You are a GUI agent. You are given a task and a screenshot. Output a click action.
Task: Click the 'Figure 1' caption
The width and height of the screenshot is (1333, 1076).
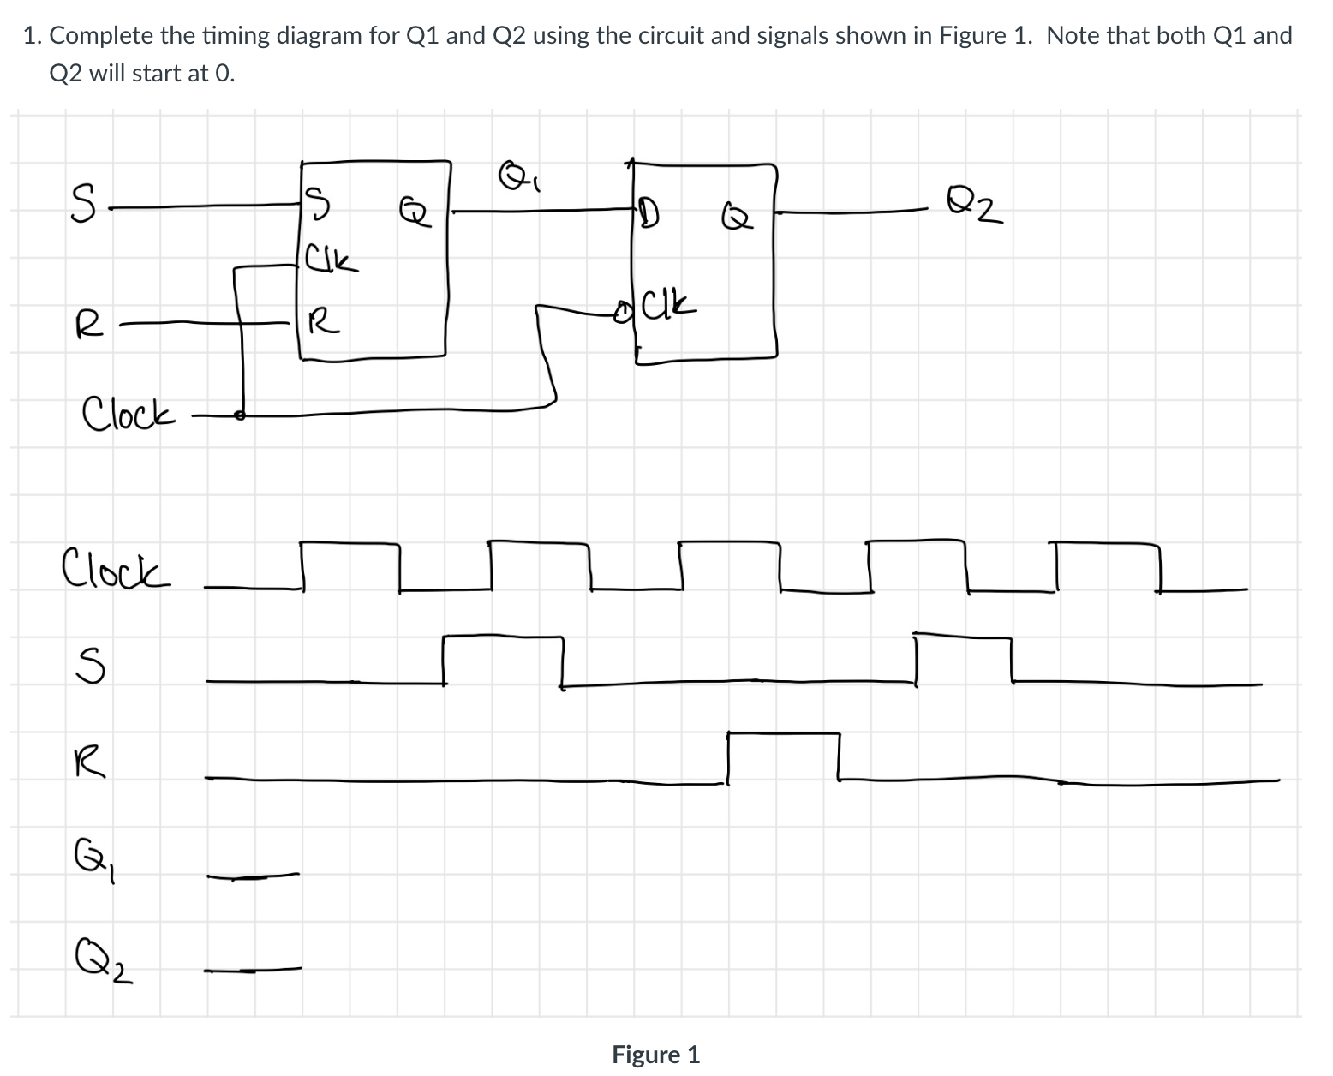tap(655, 1055)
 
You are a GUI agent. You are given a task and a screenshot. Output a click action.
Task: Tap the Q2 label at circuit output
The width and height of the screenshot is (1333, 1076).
tap(977, 205)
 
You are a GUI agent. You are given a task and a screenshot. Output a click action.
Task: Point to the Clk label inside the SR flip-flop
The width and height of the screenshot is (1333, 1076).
tap(331, 259)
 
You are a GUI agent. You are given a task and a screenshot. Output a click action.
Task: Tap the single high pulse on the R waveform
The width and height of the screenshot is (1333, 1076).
tap(783, 734)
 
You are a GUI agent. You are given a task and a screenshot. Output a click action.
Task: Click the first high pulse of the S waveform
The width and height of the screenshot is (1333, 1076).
tap(503, 637)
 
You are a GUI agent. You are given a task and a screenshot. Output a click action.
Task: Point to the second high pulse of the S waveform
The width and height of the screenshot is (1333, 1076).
tap(963, 637)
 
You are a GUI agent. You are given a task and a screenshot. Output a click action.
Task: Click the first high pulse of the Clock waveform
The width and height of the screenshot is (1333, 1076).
tap(350, 542)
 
